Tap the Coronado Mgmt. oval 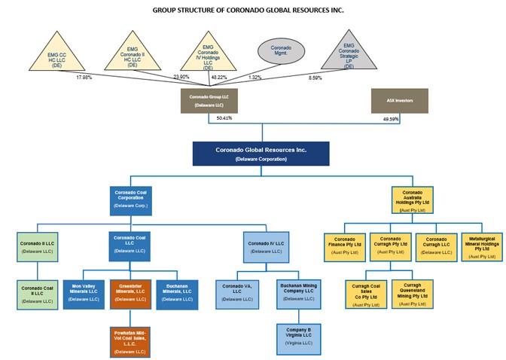pos(281,52)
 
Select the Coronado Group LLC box pos(209,101)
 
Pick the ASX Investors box pos(400,99)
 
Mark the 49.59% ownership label pos(392,118)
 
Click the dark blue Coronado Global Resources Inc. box pos(261,154)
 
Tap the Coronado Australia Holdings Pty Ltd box pos(413,199)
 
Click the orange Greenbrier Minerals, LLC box pos(131,294)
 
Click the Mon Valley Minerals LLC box pos(84,294)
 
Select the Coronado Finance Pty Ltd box pos(346,247)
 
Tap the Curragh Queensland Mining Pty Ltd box pos(413,294)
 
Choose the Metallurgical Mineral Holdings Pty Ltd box pos(482,247)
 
